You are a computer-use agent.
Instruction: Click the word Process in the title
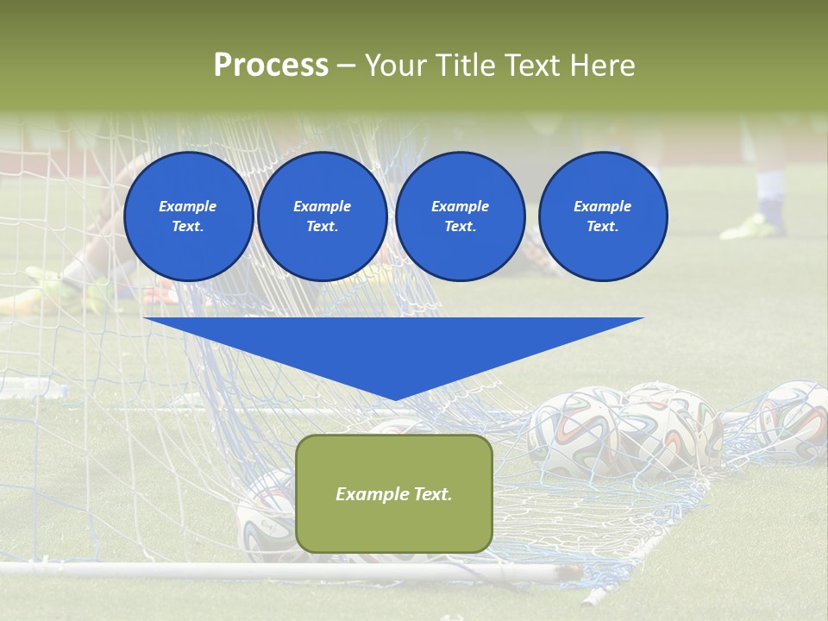271,66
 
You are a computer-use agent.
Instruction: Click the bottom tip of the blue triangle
394,398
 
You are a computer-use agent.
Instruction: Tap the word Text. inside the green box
430,494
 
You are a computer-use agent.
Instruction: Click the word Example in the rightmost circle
602,206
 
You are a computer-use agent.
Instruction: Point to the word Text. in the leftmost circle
188,227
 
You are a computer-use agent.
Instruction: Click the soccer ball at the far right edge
792,423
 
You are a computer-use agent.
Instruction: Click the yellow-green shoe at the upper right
752,226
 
